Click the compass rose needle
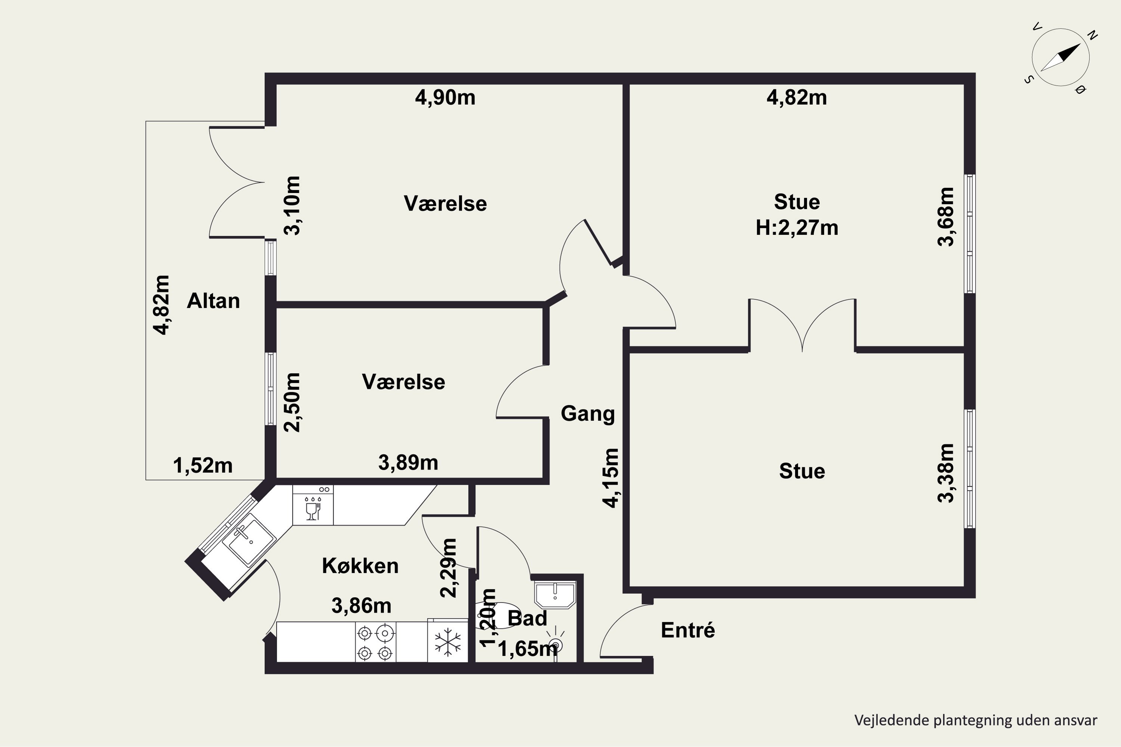click(x=1060, y=58)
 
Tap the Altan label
click(x=213, y=301)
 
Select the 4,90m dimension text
click(x=445, y=97)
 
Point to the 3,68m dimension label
click(x=946, y=217)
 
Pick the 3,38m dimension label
click(x=946, y=473)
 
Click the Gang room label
click(x=588, y=413)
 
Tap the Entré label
click(x=688, y=630)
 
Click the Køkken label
click(x=360, y=566)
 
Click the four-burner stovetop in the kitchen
click(x=375, y=642)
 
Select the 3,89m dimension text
click(x=408, y=463)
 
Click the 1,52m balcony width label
click(x=203, y=465)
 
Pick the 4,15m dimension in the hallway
click(x=611, y=478)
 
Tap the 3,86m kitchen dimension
click(x=361, y=606)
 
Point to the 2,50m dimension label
click(x=292, y=403)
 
